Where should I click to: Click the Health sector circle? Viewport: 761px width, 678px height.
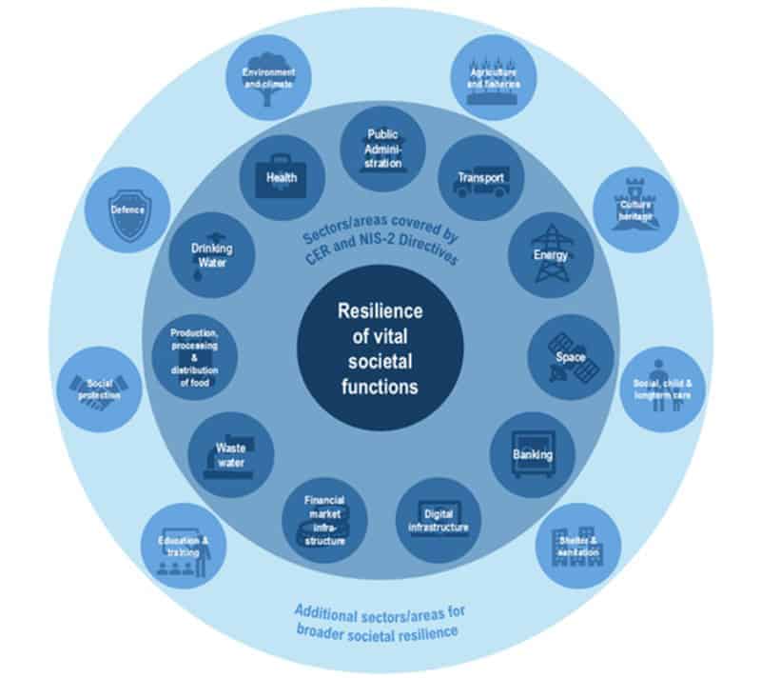281,178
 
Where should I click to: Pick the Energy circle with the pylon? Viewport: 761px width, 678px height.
550,254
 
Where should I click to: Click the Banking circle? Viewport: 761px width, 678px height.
532,454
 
